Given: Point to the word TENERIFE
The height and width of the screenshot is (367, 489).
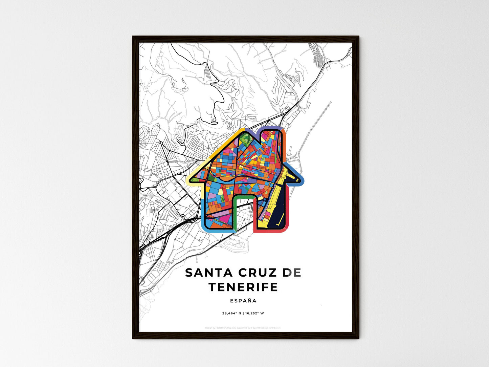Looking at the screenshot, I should (x=243, y=287).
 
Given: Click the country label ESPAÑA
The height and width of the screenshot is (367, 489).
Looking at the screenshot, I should (x=243, y=301).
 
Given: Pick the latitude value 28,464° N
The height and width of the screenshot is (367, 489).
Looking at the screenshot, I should (x=231, y=313).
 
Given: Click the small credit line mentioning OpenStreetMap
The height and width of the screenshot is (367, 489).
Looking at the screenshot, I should (x=243, y=328).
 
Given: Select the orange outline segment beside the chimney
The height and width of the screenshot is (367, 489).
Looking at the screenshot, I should (x=284, y=142).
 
